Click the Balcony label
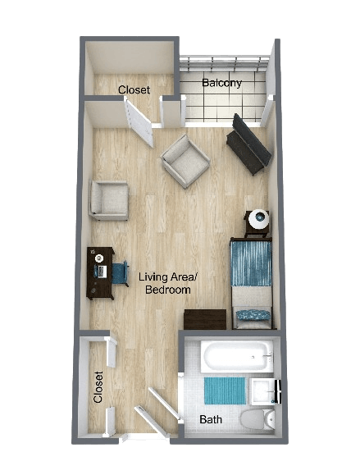click(x=221, y=83)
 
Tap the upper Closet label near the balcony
click(x=134, y=89)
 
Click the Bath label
click(x=211, y=420)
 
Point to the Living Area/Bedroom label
click(x=168, y=283)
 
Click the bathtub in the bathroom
click(x=237, y=357)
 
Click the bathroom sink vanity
click(x=266, y=392)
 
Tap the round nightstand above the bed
click(x=259, y=220)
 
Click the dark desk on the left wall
click(x=100, y=272)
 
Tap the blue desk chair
click(x=121, y=271)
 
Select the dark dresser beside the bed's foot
click(x=205, y=319)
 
